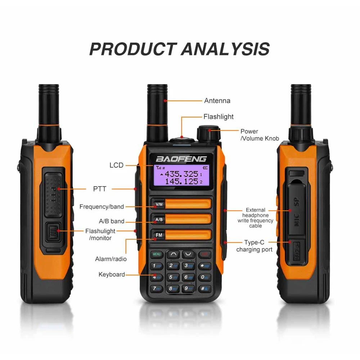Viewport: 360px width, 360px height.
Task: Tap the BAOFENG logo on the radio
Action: point(181,158)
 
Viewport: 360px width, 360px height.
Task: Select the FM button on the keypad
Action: point(159,235)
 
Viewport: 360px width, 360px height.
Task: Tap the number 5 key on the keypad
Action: point(173,277)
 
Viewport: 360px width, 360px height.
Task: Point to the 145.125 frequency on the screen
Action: point(181,181)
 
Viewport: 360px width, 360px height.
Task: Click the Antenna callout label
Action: point(217,101)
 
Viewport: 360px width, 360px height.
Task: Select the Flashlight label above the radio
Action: point(218,117)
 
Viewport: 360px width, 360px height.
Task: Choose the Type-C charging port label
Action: point(254,246)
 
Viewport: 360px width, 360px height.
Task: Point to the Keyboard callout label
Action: point(112,274)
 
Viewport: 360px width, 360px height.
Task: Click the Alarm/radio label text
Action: point(111,259)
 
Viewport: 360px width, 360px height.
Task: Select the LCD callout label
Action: point(116,165)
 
